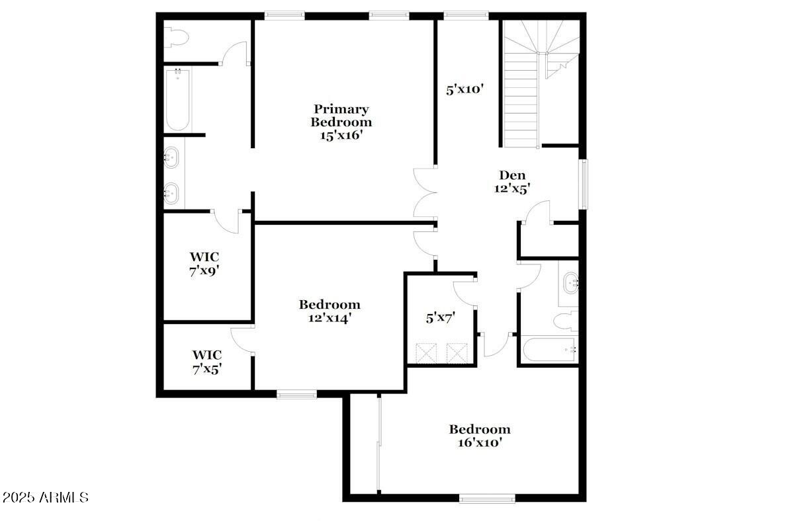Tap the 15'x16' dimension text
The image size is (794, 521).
[341, 135]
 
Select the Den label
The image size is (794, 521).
[512, 175]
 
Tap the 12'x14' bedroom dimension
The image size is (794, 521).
[329, 317]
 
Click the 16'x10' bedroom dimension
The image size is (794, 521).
[480, 442]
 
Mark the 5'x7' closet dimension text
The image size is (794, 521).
[440, 317]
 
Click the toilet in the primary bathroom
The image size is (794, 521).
[177, 37]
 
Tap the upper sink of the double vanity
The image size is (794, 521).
[171, 158]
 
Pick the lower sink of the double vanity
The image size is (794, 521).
[171, 193]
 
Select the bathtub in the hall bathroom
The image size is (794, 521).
[549, 348]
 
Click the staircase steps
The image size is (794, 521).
[521, 99]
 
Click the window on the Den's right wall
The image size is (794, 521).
[583, 184]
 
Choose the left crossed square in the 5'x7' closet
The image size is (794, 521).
[426, 352]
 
